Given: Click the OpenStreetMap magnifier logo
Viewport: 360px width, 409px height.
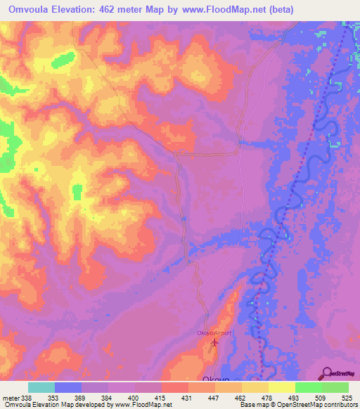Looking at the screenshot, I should [327, 374].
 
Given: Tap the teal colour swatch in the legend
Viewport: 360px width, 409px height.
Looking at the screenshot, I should [41, 387].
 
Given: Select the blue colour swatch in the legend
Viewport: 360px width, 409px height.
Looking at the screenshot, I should [67, 387].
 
